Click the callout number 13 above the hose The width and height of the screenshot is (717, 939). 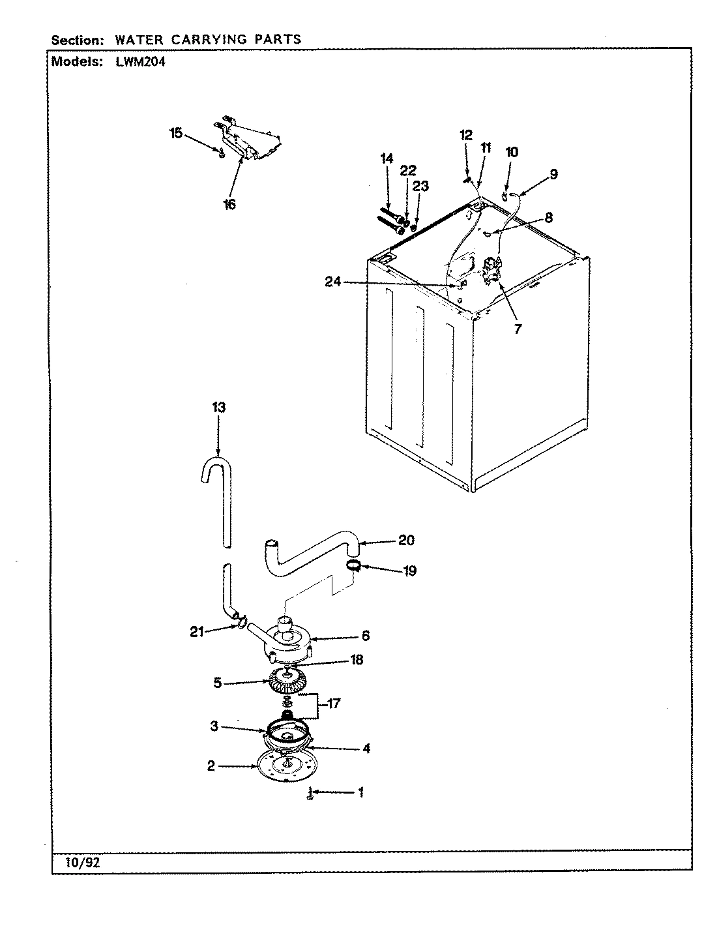click(x=218, y=408)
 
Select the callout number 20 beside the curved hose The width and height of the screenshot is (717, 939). click(x=406, y=540)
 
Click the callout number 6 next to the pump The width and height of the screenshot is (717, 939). click(x=366, y=634)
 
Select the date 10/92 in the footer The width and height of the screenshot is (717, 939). click(x=83, y=862)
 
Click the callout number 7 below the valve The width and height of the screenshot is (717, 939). click(x=518, y=329)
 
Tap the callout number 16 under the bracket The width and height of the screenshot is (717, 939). click(x=229, y=204)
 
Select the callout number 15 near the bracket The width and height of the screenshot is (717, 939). click(x=176, y=133)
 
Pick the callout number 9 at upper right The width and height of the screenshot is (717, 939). click(x=553, y=174)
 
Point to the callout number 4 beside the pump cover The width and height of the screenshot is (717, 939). click(x=366, y=749)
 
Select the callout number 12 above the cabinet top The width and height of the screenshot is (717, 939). click(x=465, y=135)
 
